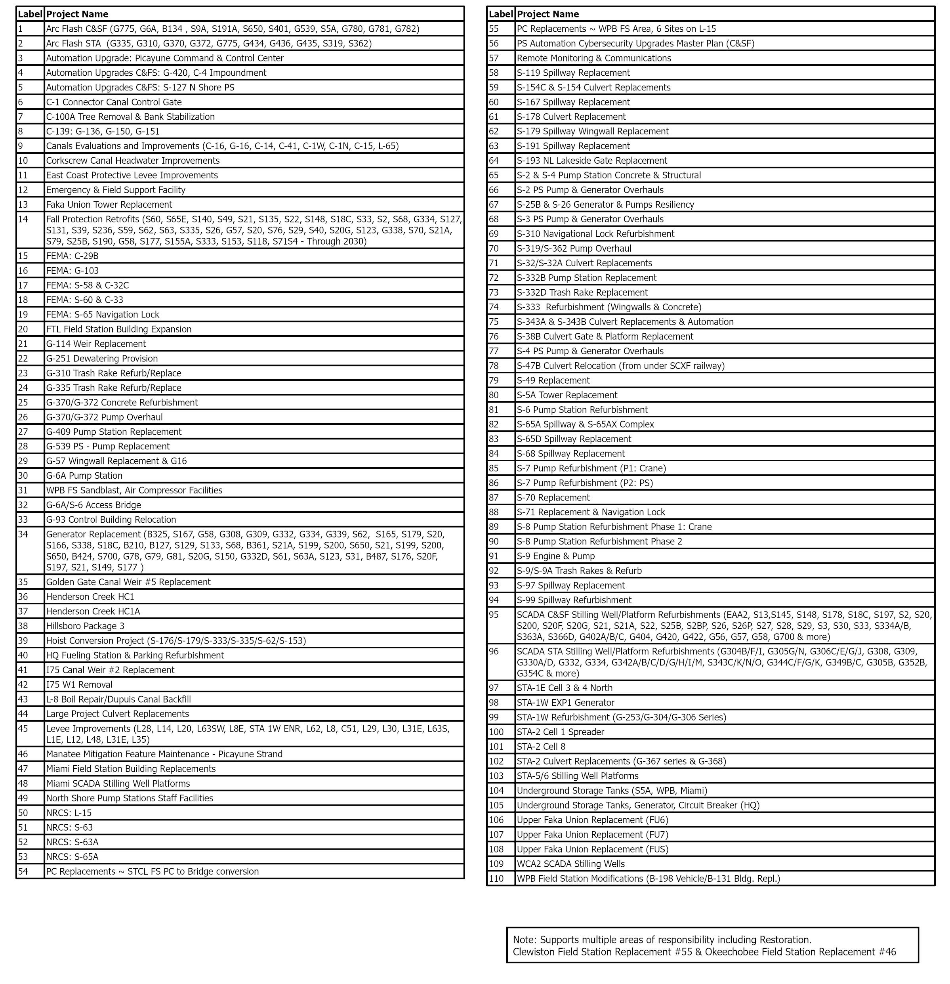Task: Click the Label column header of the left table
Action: [x=30, y=14]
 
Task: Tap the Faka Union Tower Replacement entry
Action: [x=109, y=204]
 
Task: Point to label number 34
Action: [x=23, y=534]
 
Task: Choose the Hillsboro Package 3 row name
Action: [x=85, y=625]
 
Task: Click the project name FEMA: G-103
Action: [x=72, y=270]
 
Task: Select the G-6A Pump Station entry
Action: [x=84, y=476]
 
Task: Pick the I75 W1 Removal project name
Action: [x=79, y=684]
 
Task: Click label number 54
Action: [x=23, y=871]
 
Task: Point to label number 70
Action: [x=494, y=248]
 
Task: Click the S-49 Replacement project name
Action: [x=553, y=380]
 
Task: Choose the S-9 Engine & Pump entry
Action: [x=555, y=556]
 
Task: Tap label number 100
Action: [x=496, y=732]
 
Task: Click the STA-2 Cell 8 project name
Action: [x=541, y=746]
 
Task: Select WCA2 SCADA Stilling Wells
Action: [x=570, y=864]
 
